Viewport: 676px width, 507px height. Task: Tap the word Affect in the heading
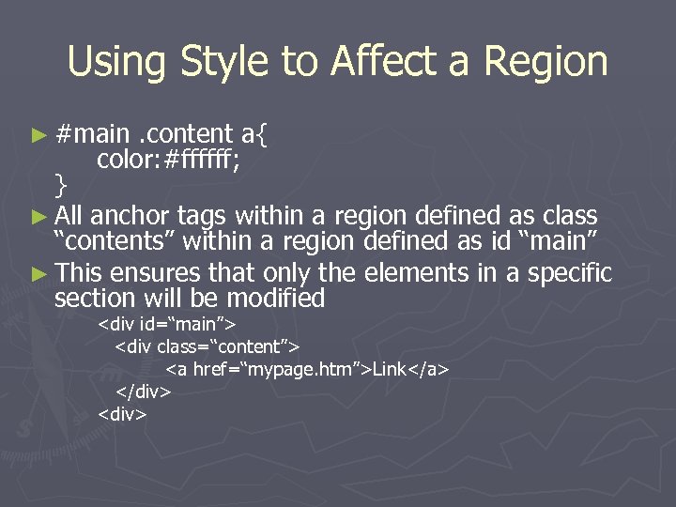(x=394, y=62)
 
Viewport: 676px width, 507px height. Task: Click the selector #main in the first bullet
(x=91, y=135)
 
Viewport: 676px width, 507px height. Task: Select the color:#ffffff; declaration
(x=169, y=160)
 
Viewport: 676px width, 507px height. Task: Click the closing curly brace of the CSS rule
(x=61, y=183)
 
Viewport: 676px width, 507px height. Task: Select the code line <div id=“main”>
(x=167, y=326)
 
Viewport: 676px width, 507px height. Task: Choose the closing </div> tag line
(x=143, y=391)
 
